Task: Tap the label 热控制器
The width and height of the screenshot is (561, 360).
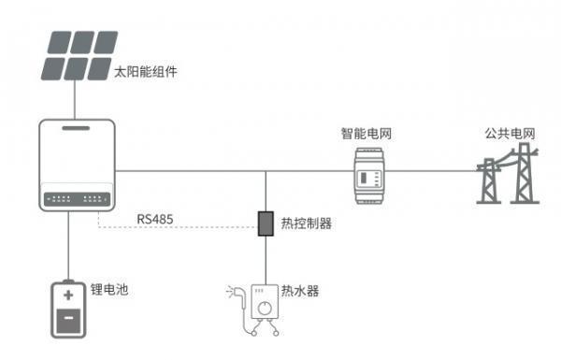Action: pyautogui.click(x=307, y=224)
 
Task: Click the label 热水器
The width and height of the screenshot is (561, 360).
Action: pyautogui.click(x=300, y=291)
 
